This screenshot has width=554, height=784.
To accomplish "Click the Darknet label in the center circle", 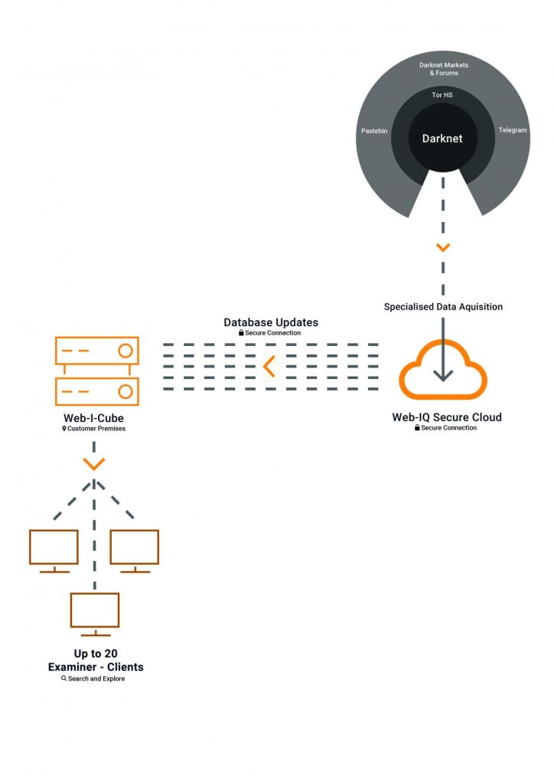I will coord(443,139).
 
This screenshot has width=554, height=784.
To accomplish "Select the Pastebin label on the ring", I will coord(374,131).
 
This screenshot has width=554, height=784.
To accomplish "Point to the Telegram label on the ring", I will coord(513,130).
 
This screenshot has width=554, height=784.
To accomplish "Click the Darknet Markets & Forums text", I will coord(444,70).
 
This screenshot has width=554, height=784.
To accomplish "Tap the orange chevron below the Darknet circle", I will coord(443,247).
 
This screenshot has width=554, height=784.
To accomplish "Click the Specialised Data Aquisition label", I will coord(443,306).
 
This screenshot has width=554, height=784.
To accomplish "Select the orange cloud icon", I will coord(443,371).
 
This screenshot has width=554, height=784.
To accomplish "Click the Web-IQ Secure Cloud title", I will coord(447,417).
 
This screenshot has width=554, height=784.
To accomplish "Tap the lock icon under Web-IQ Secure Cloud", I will coord(417,428).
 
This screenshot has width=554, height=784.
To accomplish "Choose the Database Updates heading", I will coord(271,322).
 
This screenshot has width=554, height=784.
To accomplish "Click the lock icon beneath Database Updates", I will coord(241,333).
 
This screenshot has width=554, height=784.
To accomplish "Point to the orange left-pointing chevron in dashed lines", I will coord(269,367).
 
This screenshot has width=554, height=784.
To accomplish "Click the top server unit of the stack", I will coord(96,351).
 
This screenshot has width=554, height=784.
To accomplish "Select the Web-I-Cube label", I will coord(93,418).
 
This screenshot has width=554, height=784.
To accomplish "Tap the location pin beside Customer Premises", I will coord(64,429).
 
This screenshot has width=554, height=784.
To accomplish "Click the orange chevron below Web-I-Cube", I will coord(94,464).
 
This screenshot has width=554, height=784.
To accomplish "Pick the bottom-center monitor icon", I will coord(95,613).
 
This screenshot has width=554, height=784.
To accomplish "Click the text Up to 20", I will coord(95,654).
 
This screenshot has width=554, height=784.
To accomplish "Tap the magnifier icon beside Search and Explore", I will coord(64,678).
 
